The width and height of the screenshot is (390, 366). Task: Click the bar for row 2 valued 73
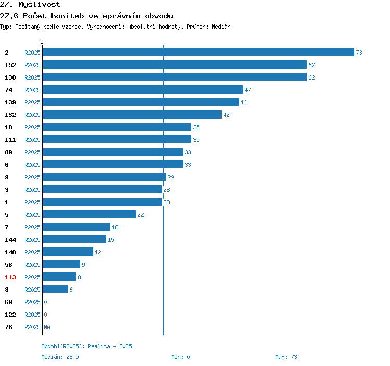click(x=198, y=52)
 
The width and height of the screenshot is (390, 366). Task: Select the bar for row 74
click(x=142, y=89)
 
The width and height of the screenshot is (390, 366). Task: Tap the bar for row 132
click(x=132, y=114)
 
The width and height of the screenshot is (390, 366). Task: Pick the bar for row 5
click(x=89, y=214)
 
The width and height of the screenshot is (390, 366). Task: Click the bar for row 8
click(x=55, y=289)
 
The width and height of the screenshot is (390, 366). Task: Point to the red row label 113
click(x=10, y=277)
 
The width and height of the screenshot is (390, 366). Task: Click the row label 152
click(x=10, y=65)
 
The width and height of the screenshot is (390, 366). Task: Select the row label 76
click(x=8, y=327)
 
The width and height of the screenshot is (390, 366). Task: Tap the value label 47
click(x=248, y=90)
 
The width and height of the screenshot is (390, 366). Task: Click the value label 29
click(x=171, y=177)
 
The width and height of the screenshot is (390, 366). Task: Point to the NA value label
click(x=47, y=327)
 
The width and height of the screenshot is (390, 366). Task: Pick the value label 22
click(x=140, y=215)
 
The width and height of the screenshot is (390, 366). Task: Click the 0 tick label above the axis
click(x=42, y=42)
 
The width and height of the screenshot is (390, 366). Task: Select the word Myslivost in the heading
click(x=40, y=5)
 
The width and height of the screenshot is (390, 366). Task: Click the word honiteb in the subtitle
click(x=68, y=16)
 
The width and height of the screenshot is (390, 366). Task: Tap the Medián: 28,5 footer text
click(x=60, y=357)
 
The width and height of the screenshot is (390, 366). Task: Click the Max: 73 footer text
click(x=286, y=357)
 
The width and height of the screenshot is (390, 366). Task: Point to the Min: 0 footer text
click(x=180, y=357)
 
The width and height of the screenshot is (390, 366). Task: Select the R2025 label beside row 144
click(x=32, y=240)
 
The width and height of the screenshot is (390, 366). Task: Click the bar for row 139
click(x=140, y=102)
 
